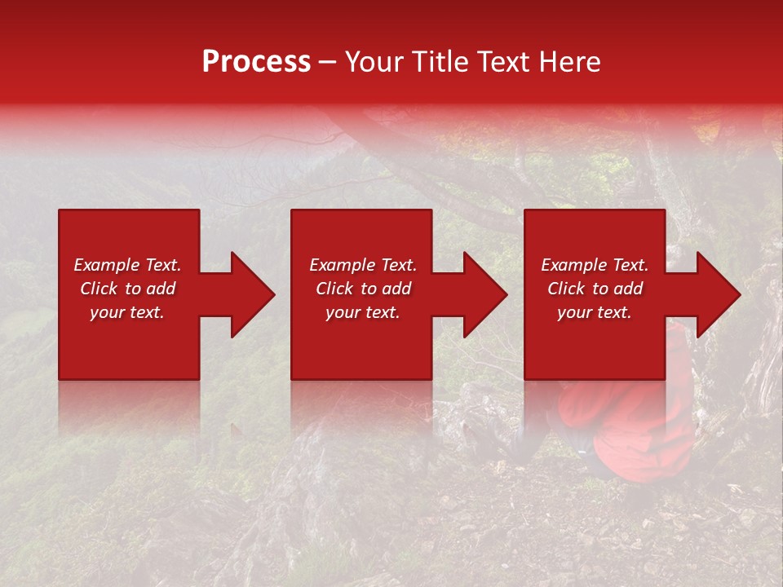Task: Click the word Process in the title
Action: click(x=256, y=62)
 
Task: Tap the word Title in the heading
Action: click(x=440, y=62)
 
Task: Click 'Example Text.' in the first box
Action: click(x=127, y=265)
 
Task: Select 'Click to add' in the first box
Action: click(x=127, y=289)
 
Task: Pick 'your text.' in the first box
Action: click(x=127, y=312)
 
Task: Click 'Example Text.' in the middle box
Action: click(x=363, y=265)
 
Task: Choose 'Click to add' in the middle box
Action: click(x=363, y=289)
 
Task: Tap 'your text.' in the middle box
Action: click(x=363, y=312)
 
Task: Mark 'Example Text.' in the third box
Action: click(x=595, y=265)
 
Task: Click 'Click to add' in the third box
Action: click(x=595, y=289)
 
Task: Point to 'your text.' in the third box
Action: click(x=595, y=312)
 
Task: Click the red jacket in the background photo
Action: click(x=644, y=432)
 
